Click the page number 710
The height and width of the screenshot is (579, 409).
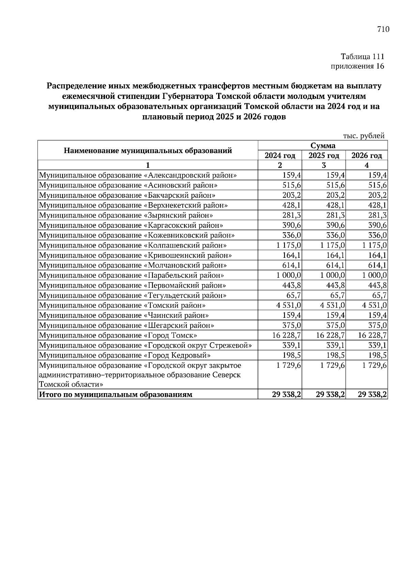click(383, 30)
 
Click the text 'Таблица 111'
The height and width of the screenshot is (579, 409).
click(362, 57)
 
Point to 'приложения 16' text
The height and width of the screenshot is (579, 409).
click(358, 66)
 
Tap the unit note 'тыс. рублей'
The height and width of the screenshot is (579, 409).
click(364, 136)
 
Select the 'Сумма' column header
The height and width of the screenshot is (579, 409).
click(323, 146)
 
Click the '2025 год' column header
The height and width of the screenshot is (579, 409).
click(323, 156)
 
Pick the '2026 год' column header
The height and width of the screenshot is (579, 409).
click(367, 156)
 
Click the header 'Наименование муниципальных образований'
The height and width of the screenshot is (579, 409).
click(148, 150)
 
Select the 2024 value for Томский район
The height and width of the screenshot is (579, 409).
click(288, 305)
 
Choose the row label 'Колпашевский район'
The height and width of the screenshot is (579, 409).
click(133, 245)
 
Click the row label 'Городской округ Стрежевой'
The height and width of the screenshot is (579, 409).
click(146, 345)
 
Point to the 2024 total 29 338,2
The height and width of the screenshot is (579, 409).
click(286, 395)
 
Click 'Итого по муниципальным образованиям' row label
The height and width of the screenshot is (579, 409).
click(116, 395)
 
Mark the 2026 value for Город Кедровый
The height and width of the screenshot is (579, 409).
click(378, 355)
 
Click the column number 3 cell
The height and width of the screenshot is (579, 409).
click(323, 165)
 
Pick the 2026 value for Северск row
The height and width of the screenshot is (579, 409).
click(375, 366)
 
